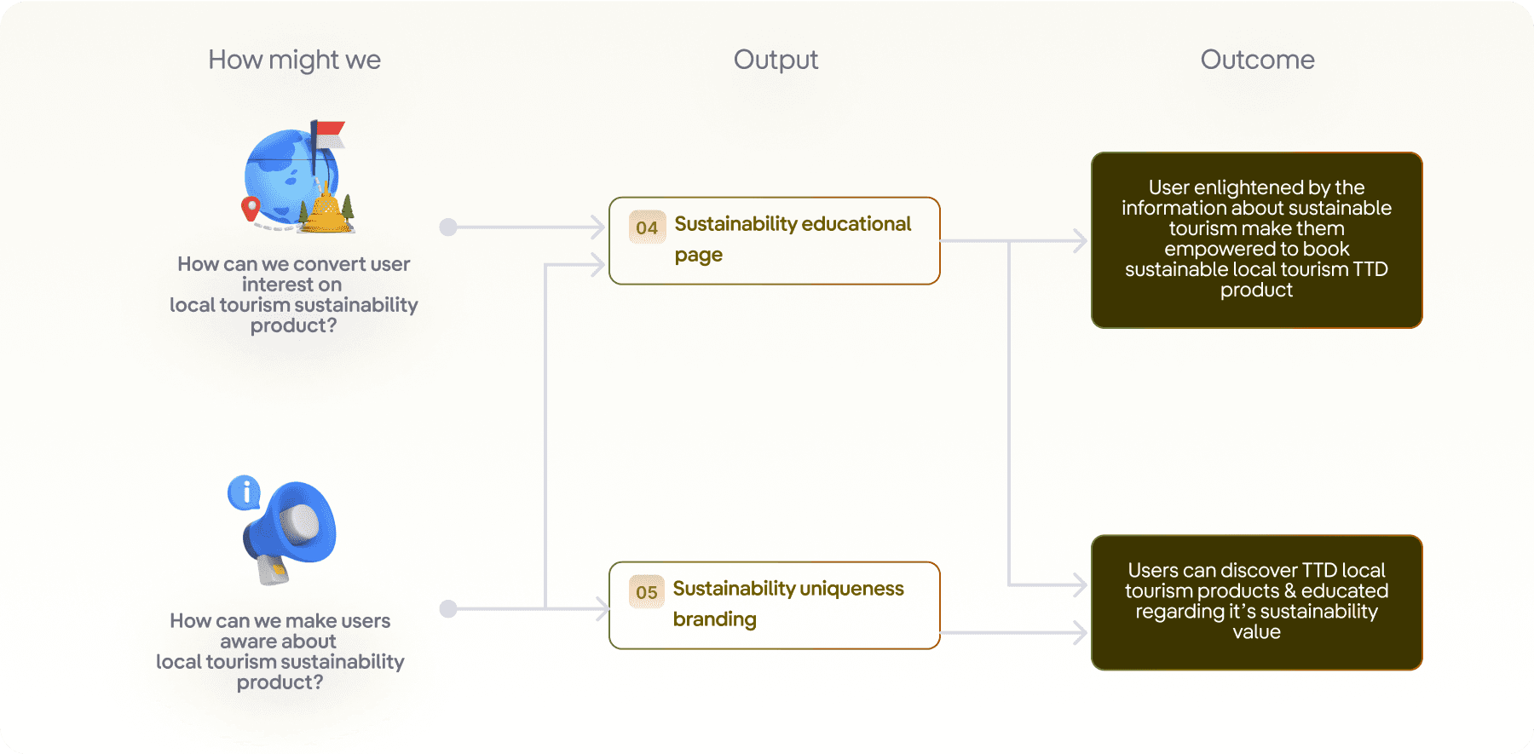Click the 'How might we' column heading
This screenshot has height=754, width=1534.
(x=294, y=60)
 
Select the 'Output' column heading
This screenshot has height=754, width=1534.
(x=776, y=60)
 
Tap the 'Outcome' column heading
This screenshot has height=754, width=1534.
(x=1257, y=60)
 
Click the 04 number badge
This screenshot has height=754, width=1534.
(x=647, y=227)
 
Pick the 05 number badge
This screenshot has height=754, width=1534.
(x=647, y=592)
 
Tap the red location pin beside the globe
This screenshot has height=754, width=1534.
(x=251, y=208)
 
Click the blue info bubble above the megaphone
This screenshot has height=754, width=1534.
(x=245, y=492)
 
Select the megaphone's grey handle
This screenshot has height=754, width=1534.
(x=274, y=570)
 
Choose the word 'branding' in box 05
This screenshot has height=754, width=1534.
(x=715, y=619)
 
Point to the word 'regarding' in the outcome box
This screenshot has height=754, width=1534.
(x=1179, y=612)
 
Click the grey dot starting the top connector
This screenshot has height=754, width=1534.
(x=448, y=227)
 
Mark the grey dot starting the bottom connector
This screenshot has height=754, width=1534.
(x=448, y=609)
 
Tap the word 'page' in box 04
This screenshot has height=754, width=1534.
(x=699, y=256)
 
